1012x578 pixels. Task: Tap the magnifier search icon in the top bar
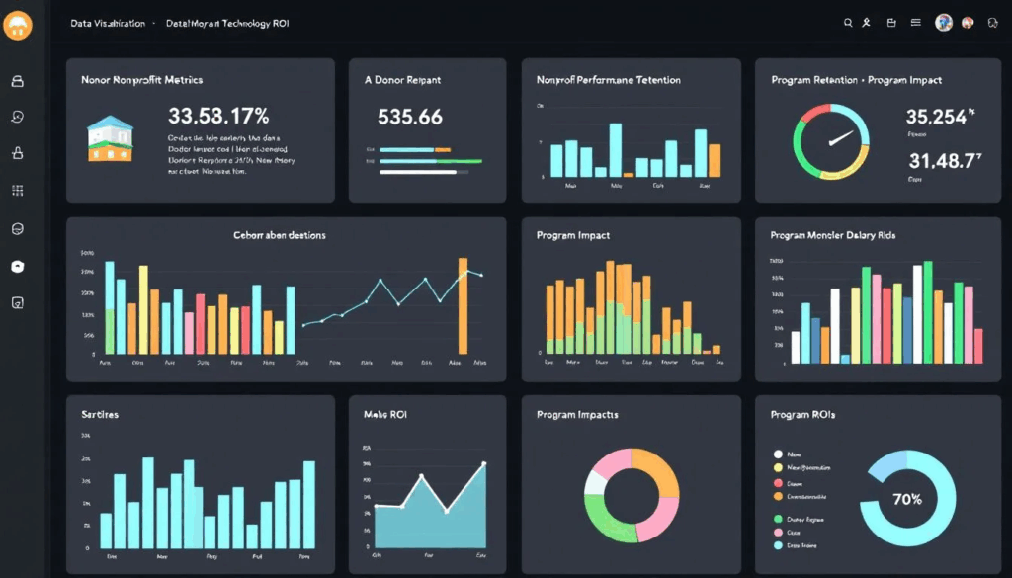point(847,23)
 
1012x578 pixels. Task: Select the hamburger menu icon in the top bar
point(915,23)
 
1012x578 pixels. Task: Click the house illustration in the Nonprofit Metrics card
point(109,138)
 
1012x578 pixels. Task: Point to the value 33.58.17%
point(218,117)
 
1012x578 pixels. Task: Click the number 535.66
point(410,117)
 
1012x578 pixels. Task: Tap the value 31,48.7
point(941,160)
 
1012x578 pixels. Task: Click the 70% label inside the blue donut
point(906,500)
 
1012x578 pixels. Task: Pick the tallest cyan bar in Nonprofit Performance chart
point(615,149)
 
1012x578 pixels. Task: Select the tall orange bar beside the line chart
point(462,305)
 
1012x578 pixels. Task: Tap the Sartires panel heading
point(100,415)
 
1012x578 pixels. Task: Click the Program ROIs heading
point(802,415)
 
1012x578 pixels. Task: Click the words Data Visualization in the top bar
point(108,23)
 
